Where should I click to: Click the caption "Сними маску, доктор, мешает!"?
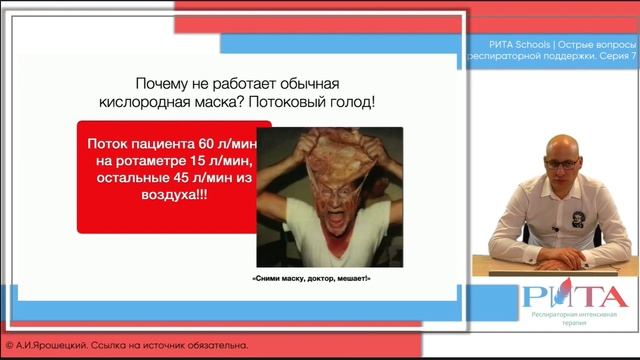click(x=310, y=277)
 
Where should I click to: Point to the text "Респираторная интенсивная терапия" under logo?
click(x=574, y=319)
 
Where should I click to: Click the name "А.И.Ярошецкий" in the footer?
click(x=52, y=346)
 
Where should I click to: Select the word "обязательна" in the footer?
click(x=213, y=346)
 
